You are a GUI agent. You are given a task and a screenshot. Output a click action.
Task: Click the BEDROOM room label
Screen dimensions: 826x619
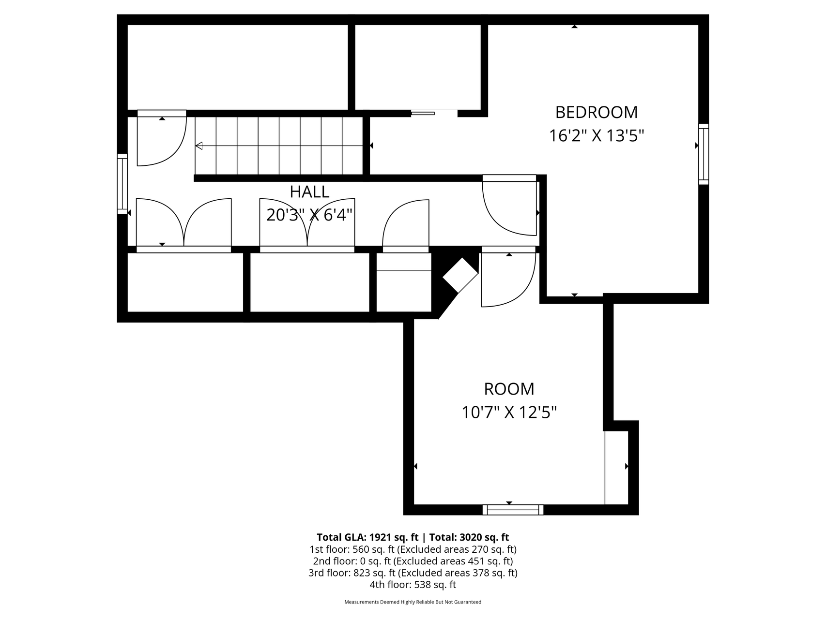pyautogui.click(x=596, y=112)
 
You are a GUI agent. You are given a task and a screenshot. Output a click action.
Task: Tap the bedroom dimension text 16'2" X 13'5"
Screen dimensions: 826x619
pyautogui.click(x=597, y=136)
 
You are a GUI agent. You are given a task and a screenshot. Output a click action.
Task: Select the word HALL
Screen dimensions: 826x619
pyautogui.click(x=309, y=192)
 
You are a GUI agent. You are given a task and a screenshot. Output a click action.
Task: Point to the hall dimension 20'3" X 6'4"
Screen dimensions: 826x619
pyautogui.click(x=309, y=215)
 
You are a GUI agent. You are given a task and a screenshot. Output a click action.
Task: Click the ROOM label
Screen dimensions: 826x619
pyautogui.click(x=509, y=389)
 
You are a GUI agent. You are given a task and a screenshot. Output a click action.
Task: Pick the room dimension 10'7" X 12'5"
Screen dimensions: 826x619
pyautogui.click(x=509, y=413)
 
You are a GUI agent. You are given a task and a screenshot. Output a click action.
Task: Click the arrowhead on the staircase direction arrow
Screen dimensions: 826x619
pyautogui.click(x=199, y=146)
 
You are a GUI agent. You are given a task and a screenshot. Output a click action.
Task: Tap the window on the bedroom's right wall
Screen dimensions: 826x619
pyautogui.click(x=704, y=154)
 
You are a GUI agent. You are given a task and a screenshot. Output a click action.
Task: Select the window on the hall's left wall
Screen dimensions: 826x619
pyautogui.click(x=122, y=184)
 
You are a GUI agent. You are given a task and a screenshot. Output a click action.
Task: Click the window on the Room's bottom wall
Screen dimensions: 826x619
pyautogui.click(x=513, y=510)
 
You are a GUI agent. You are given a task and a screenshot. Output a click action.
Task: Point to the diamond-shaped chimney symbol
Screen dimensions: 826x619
pyautogui.click(x=460, y=275)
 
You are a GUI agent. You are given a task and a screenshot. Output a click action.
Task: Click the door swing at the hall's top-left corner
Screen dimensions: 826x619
pyautogui.click(x=162, y=138)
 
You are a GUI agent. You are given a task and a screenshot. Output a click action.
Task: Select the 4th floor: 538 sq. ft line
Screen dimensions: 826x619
pyautogui.click(x=413, y=585)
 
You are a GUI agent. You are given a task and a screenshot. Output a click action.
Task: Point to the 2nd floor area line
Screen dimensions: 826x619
pyautogui.click(x=413, y=561)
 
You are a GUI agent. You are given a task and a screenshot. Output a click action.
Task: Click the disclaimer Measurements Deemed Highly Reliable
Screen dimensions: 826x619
pyautogui.click(x=413, y=602)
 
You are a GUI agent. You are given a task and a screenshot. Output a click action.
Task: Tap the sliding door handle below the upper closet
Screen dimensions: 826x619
pyautogui.click(x=423, y=114)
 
